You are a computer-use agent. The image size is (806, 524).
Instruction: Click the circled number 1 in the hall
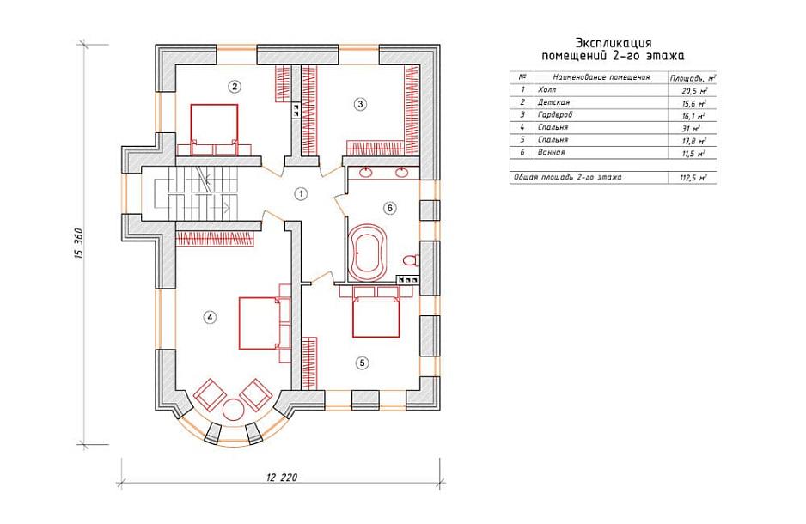coord(301,194)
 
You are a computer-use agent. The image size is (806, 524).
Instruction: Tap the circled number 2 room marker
coord(235,86)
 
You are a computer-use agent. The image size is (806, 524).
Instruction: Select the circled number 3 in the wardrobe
coord(360,104)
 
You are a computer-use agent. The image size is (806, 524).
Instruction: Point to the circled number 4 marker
coord(209,318)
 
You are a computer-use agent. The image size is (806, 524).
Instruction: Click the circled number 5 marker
coord(363,363)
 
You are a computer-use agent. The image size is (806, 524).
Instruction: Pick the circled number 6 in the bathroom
coord(389,208)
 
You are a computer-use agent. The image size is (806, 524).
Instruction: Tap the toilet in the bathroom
coord(411,260)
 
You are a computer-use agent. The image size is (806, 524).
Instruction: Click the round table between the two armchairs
coord(234,410)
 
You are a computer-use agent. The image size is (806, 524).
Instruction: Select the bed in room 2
coord(214,130)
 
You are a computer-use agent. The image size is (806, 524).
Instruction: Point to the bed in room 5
coord(376,312)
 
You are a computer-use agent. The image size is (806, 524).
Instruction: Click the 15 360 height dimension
coord(79,243)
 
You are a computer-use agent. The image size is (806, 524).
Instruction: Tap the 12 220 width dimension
coord(282,478)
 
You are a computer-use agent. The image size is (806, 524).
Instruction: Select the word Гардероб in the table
coord(554,114)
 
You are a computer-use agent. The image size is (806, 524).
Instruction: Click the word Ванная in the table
coord(551,152)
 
